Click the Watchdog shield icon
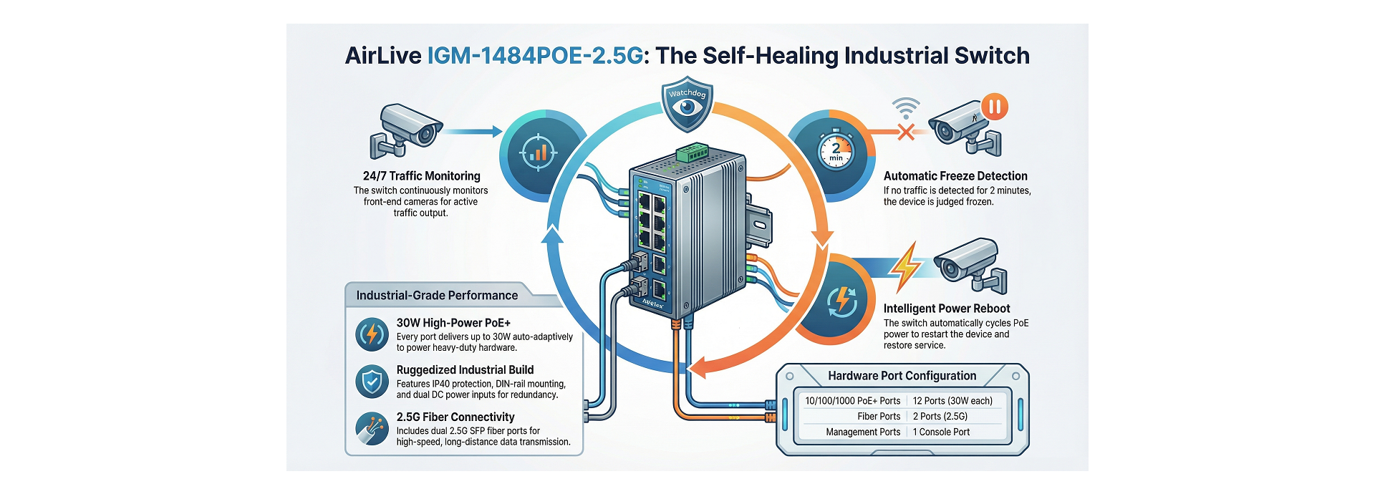[687, 105]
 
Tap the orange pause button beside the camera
[994, 107]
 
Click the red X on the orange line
[906, 132]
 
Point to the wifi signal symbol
[906, 108]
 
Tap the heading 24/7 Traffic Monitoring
[421, 176]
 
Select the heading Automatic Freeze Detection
[955, 176]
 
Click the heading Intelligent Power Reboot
[946, 309]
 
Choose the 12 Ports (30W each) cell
[952, 401]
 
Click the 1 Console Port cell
[941, 432]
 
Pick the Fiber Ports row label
[879, 417]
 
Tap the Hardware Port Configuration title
[902, 376]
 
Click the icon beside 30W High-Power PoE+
[372, 334]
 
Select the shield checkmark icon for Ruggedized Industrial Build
[372, 382]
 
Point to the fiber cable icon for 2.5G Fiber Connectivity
[372, 429]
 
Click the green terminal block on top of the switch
[693, 152]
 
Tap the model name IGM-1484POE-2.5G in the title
[535, 56]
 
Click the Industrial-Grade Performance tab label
[437, 296]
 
